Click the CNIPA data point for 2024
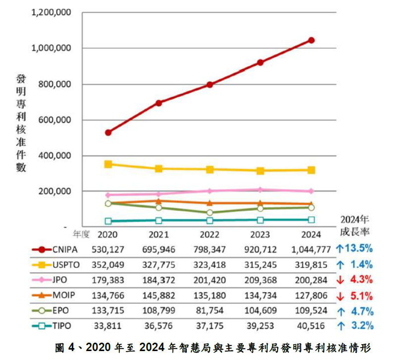tap(311, 40)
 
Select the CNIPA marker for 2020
tap(108, 132)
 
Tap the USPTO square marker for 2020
tap(108, 164)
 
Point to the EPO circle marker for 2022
tap(210, 213)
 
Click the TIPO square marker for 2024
tap(311, 220)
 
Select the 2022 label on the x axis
tap(210, 234)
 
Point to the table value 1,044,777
tap(311, 249)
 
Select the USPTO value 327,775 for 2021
tap(159, 264)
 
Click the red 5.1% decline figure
tap(361, 296)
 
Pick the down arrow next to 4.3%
tap(340, 280)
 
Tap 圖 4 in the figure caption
tap(64, 347)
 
